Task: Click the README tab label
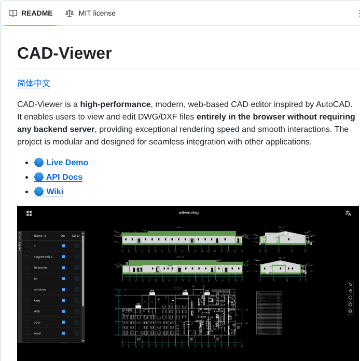pos(37,13)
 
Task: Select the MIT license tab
pos(97,13)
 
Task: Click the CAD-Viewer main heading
pos(64,53)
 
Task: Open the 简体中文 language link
pos(34,84)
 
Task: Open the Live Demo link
pos(67,163)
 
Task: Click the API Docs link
pos(64,177)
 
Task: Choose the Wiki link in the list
pos(54,192)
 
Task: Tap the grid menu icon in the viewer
pos(29,213)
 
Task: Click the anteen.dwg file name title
pos(188,213)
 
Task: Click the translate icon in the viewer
pos(348,213)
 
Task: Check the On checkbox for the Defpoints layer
pos(63,268)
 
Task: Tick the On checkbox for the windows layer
pos(63,289)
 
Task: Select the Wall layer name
pos(37,311)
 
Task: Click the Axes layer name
pos(37,300)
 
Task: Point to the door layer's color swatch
pos(77,322)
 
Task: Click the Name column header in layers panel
pos(39,235)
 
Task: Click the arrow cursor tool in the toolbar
pos(350,284)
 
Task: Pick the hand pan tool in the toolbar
pos(350,291)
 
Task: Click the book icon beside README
pos(13,13)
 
